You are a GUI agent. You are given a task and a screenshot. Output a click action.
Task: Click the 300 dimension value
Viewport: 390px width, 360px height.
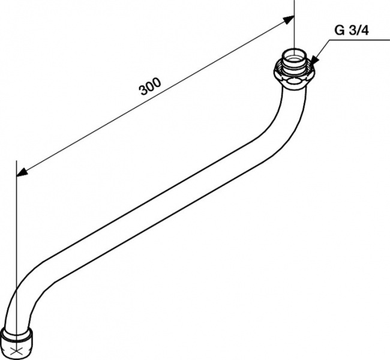click(x=150, y=86)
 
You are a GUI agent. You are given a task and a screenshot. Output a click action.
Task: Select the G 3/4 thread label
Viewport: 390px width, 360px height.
click(x=352, y=31)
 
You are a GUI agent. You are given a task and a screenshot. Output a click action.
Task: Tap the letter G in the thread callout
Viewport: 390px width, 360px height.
click(x=339, y=31)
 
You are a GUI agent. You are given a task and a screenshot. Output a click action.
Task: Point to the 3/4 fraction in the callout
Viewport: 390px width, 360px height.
click(x=358, y=31)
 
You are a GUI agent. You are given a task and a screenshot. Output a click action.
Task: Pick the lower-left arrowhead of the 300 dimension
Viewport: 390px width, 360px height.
click(x=22, y=172)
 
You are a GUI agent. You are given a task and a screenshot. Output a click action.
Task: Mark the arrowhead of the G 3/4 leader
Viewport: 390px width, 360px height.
click(x=314, y=60)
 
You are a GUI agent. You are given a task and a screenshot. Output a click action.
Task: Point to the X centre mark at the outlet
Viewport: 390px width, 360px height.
click(x=16, y=352)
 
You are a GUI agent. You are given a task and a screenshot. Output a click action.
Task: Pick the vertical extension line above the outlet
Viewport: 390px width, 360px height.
click(x=16, y=249)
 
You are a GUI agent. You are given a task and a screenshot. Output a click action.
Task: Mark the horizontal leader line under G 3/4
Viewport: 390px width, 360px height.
click(x=359, y=40)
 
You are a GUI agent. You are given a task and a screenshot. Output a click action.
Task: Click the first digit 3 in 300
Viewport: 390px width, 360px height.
click(x=144, y=91)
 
